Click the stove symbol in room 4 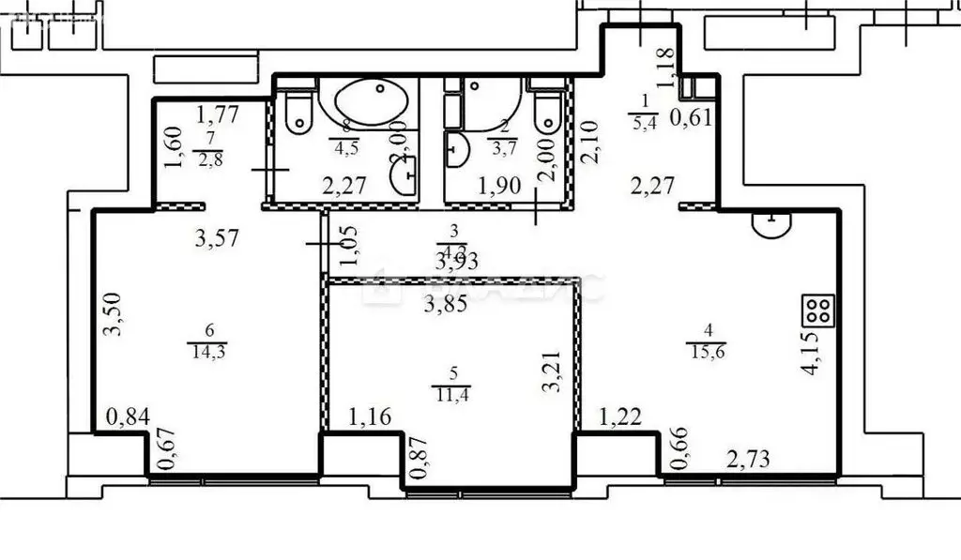816,310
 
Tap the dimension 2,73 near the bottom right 748,460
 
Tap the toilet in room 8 298,111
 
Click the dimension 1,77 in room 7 217,116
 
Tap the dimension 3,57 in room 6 218,239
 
